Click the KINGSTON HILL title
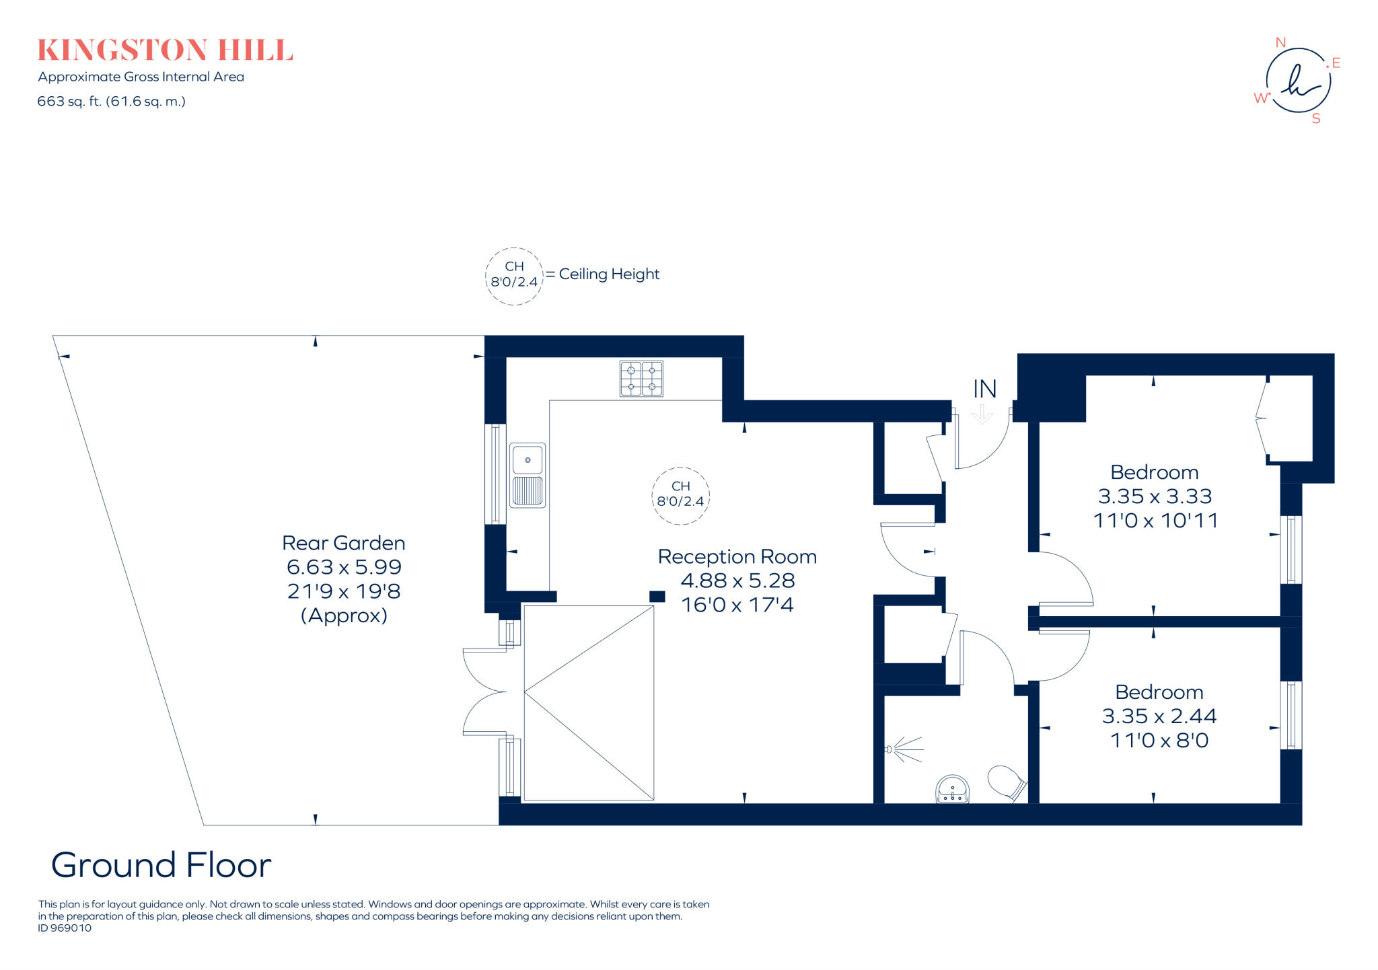(x=165, y=50)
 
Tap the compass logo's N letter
(x=1280, y=42)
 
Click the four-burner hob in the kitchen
(x=641, y=379)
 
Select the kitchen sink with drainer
(x=528, y=475)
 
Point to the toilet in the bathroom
(x=1007, y=783)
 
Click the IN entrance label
(x=984, y=389)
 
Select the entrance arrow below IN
(x=982, y=414)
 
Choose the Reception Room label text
(x=737, y=557)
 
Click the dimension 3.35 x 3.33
(x=1155, y=496)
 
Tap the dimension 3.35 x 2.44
(x=1159, y=716)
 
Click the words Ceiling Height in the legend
(x=609, y=274)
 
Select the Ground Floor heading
(x=161, y=865)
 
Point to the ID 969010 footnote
(x=65, y=928)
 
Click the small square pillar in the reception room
(x=657, y=596)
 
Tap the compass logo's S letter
(x=1316, y=119)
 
